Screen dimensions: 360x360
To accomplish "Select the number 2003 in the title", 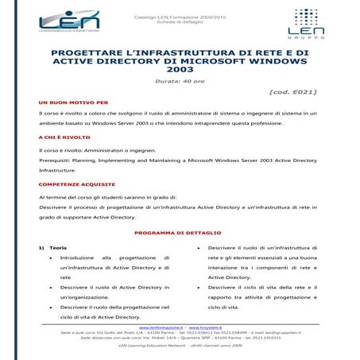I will pyautogui.click(x=180, y=70).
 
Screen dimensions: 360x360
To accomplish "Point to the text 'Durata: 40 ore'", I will pyautogui.click(x=180, y=82).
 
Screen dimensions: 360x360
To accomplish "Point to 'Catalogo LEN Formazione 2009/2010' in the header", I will pyautogui.click(x=180, y=14).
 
